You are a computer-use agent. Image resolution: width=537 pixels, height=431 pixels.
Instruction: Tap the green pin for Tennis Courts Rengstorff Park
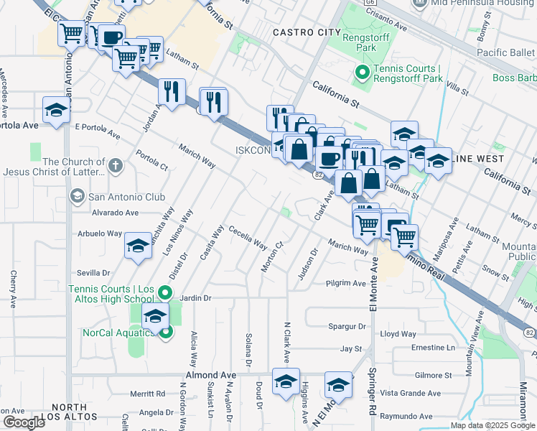(362, 73)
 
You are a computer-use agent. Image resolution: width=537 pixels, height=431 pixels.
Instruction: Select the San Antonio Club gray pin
(77, 196)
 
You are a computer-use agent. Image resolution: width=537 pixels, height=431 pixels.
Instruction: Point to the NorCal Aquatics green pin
(166, 332)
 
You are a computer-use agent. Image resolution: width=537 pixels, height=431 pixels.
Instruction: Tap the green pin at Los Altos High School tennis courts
(165, 292)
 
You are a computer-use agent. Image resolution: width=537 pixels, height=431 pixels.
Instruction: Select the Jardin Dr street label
(195, 297)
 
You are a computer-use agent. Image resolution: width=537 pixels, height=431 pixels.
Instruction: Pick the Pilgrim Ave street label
(346, 283)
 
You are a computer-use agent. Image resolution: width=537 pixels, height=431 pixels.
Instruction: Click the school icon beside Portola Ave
(57, 111)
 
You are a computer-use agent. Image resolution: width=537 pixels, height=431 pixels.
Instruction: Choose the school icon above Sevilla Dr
(138, 246)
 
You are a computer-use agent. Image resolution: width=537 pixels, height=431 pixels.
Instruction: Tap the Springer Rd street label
(373, 399)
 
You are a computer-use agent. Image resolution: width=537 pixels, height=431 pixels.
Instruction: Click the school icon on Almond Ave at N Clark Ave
(286, 382)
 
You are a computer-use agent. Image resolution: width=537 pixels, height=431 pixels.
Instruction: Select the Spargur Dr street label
(347, 326)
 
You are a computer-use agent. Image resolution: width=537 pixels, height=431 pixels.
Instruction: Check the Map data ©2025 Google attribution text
(492, 425)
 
